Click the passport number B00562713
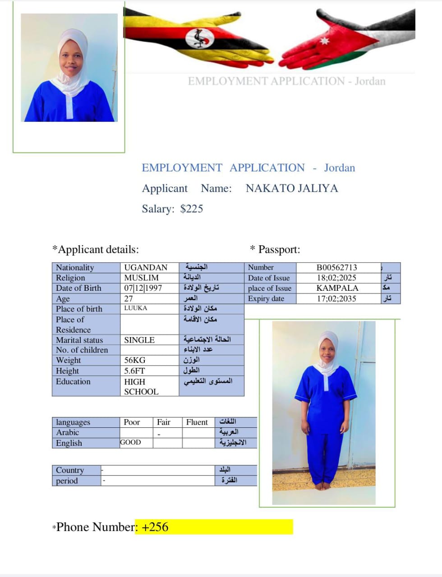point(336,267)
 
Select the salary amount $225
point(191,209)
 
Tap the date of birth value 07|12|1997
point(143,288)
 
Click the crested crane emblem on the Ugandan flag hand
point(199,38)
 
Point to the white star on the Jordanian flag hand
point(325,41)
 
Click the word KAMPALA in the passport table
point(337,288)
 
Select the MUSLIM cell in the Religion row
point(141,278)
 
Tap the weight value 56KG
point(134,360)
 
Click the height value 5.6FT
point(134,371)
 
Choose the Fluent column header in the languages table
point(197,422)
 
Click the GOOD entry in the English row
point(130,443)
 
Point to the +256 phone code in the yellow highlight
point(155,527)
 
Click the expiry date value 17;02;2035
point(336,298)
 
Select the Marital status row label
point(79,340)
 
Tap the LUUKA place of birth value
point(135,308)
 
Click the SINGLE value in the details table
point(139,340)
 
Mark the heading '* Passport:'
point(275,249)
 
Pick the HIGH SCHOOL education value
point(141,387)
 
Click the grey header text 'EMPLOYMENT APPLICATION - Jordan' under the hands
point(286,82)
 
